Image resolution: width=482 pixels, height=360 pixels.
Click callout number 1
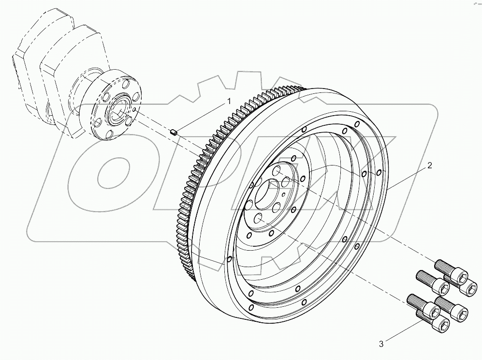(229, 102)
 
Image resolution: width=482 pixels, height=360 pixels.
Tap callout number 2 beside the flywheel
(429, 165)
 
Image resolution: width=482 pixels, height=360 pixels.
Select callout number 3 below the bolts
(381, 344)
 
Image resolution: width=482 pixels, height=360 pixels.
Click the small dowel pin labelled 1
(175, 130)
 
